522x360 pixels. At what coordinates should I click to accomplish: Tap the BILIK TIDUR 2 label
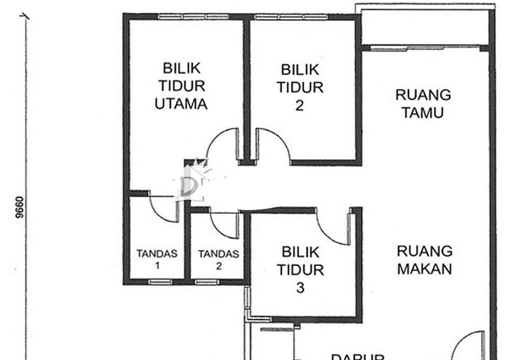point(299,87)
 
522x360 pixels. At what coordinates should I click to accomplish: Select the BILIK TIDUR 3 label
point(299,269)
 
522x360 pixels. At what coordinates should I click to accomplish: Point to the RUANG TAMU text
point(423,104)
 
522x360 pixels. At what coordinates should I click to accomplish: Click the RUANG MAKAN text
point(424,260)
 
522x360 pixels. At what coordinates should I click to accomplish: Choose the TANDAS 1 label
point(157,260)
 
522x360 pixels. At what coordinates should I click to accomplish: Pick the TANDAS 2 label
point(219,260)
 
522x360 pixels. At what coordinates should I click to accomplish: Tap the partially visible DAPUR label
point(356,355)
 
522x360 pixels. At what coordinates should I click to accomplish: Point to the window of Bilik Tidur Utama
point(185,16)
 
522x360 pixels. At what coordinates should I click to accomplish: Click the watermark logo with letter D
point(189,183)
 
